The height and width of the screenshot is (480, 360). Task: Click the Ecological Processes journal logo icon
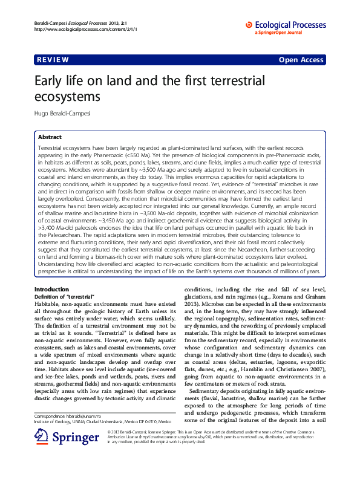pos(249,25)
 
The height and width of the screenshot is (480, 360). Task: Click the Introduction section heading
pos(52,290)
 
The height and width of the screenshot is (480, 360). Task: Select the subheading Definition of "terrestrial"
pos(64,297)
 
